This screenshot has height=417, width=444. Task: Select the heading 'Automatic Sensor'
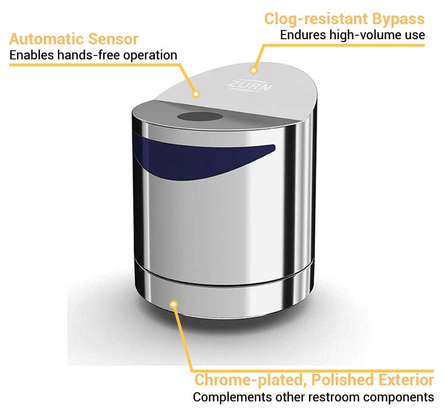tap(74, 39)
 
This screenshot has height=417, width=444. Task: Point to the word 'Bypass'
tap(398, 18)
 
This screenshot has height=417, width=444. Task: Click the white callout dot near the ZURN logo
tap(253, 70)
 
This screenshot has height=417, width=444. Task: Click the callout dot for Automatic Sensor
tap(196, 93)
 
